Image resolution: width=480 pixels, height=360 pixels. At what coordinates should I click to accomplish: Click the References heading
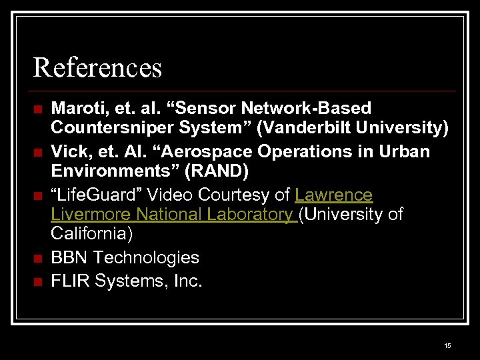click(x=97, y=67)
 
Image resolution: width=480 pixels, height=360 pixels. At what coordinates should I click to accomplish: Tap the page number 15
click(x=447, y=345)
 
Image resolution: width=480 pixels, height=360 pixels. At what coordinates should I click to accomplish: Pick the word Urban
click(x=405, y=151)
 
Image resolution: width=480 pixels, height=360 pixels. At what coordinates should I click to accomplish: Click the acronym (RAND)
click(x=218, y=171)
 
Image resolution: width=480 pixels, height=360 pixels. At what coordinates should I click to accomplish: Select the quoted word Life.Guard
click(x=95, y=195)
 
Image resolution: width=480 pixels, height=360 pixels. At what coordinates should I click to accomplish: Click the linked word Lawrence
click(x=334, y=195)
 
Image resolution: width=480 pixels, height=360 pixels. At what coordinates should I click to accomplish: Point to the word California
click(x=91, y=234)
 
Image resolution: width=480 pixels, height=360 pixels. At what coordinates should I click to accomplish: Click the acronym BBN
click(x=70, y=257)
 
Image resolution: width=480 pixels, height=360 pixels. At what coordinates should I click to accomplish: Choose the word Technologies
click(x=147, y=257)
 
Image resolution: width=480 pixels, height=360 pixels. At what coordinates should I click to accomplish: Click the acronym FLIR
click(x=71, y=281)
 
